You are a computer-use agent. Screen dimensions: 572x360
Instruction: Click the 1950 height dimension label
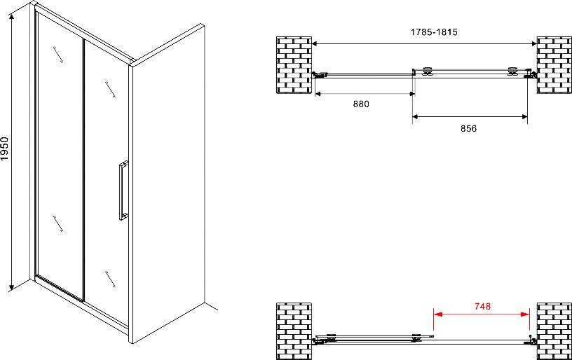(x=4, y=148)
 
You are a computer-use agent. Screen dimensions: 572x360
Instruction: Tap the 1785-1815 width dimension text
(x=434, y=32)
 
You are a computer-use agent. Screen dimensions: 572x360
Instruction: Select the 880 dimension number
(x=361, y=104)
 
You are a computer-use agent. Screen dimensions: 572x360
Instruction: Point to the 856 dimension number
(x=468, y=129)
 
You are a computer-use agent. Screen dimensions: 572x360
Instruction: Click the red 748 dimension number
(x=482, y=307)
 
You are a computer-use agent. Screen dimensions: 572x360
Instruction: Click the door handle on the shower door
(x=123, y=191)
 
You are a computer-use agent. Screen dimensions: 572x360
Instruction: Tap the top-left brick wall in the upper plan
(x=294, y=65)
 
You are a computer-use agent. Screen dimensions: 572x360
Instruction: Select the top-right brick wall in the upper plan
(x=554, y=65)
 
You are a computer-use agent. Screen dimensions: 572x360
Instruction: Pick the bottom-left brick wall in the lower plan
(x=294, y=331)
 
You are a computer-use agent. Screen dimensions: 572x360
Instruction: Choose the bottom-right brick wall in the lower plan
(x=554, y=331)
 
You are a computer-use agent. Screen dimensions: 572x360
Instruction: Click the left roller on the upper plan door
(x=426, y=71)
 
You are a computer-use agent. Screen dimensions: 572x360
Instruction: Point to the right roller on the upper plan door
(x=513, y=71)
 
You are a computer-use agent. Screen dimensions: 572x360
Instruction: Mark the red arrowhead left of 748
(x=437, y=314)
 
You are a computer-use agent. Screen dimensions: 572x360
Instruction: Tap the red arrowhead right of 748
(x=525, y=314)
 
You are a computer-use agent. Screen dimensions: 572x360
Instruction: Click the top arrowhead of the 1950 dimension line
(x=12, y=17)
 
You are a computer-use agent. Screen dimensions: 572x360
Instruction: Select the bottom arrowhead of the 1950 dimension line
(x=12, y=287)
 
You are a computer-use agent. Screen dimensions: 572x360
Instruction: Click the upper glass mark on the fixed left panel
(x=58, y=55)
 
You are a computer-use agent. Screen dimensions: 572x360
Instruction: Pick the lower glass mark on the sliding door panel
(x=110, y=279)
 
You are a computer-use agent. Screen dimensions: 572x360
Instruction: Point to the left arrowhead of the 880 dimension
(x=318, y=94)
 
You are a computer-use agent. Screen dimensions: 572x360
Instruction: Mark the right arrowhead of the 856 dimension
(x=524, y=117)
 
